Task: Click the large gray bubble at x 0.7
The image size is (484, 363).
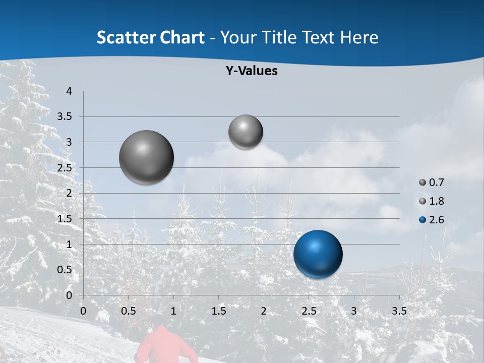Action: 147,157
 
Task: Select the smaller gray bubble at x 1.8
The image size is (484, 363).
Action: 246,132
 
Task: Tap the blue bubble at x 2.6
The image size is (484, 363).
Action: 318,254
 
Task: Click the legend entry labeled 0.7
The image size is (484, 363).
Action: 432,182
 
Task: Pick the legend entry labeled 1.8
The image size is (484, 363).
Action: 432,201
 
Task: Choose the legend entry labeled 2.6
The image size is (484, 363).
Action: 432,220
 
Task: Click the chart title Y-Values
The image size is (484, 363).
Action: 252,71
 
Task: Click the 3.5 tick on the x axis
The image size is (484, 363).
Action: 399,311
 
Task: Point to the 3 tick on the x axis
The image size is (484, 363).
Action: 354,311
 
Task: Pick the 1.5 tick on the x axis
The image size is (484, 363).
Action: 218,311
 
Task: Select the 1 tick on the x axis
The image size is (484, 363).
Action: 173,311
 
